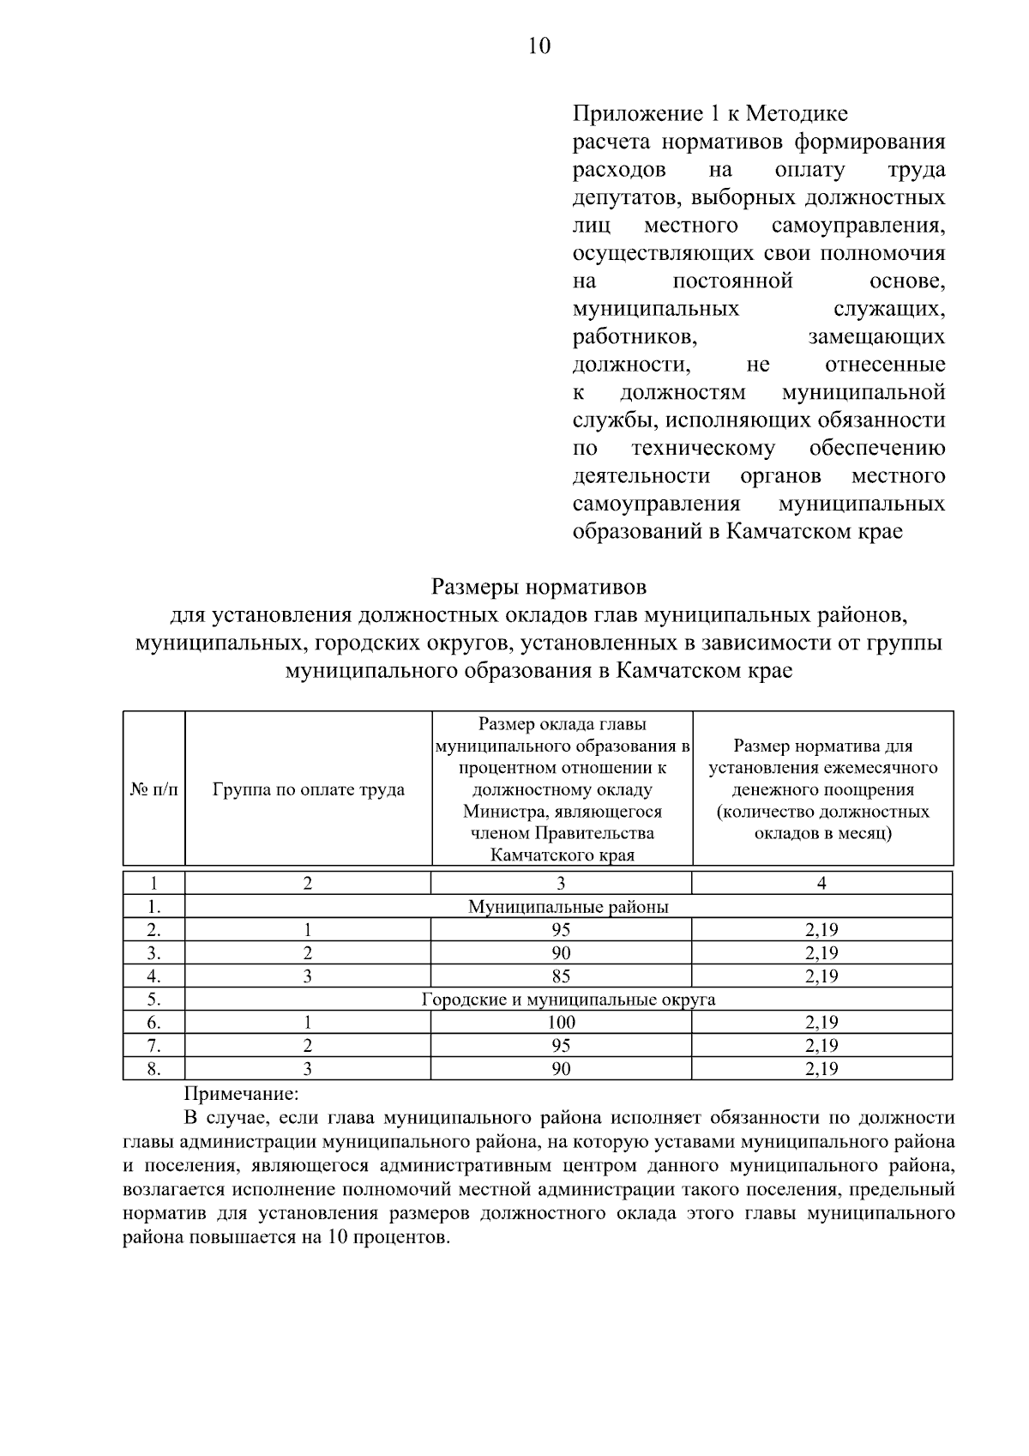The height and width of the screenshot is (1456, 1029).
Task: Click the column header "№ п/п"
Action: pyautogui.click(x=154, y=789)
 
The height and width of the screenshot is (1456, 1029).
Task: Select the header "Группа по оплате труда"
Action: pyautogui.click(x=309, y=789)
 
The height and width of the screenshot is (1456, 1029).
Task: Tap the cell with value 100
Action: pyautogui.click(x=562, y=1022)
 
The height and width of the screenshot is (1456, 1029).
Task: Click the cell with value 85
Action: pyautogui.click(x=562, y=976)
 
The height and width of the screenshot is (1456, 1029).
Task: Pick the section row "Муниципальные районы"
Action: pyautogui.click(x=568, y=906)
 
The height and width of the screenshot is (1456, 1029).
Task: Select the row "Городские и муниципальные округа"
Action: pyautogui.click(x=568, y=999)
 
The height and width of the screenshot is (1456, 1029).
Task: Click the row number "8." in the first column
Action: pyautogui.click(x=154, y=1068)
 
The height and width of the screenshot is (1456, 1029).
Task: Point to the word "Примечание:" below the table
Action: pyautogui.click(x=242, y=1094)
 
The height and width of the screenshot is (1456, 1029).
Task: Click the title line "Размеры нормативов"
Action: pyautogui.click(x=539, y=588)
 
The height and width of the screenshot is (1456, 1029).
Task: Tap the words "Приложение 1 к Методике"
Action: pyautogui.click(x=710, y=114)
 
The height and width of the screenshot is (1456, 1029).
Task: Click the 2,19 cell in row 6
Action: pyautogui.click(x=821, y=1022)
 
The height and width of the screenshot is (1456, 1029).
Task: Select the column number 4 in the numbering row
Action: pyautogui.click(x=821, y=883)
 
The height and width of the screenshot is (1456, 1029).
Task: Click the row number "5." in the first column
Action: pyautogui.click(x=154, y=999)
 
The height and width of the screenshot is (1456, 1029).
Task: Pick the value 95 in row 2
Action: pyautogui.click(x=562, y=929)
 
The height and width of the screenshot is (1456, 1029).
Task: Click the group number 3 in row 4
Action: pyautogui.click(x=307, y=976)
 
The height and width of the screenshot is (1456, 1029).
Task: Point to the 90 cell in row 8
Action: pyautogui.click(x=562, y=1068)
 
